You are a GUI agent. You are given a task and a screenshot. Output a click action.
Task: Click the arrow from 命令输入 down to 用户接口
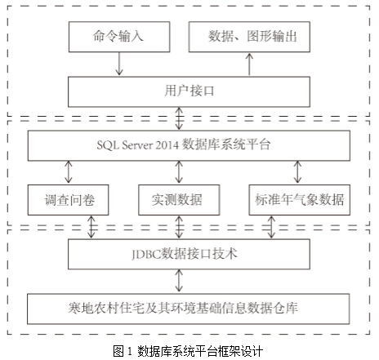pyautogui.click(x=119, y=64)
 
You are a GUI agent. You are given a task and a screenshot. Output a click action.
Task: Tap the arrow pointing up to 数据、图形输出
pyautogui.click(x=249, y=64)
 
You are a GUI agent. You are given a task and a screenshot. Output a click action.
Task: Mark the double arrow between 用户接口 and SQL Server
pyautogui.click(x=179, y=118)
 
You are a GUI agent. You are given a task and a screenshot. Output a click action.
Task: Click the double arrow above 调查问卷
pyautogui.click(x=69, y=172)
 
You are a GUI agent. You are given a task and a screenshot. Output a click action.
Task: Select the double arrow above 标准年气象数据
pyautogui.click(x=297, y=172)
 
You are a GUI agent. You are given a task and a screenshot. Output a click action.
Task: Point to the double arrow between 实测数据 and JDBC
pyautogui.click(x=179, y=227)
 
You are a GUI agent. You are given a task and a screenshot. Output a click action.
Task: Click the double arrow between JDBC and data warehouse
pyautogui.click(x=179, y=281)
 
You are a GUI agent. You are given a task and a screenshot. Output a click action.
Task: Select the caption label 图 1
pyautogui.click(x=123, y=351)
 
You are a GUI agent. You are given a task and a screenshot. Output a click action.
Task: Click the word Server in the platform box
pyautogui.click(x=137, y=145)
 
